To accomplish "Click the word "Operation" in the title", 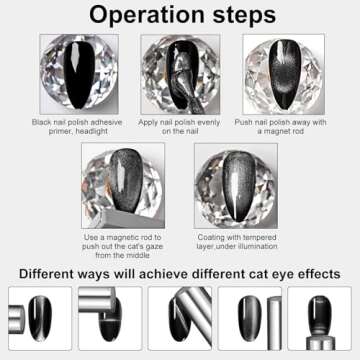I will [138, 16].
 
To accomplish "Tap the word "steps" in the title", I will [241, 16].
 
